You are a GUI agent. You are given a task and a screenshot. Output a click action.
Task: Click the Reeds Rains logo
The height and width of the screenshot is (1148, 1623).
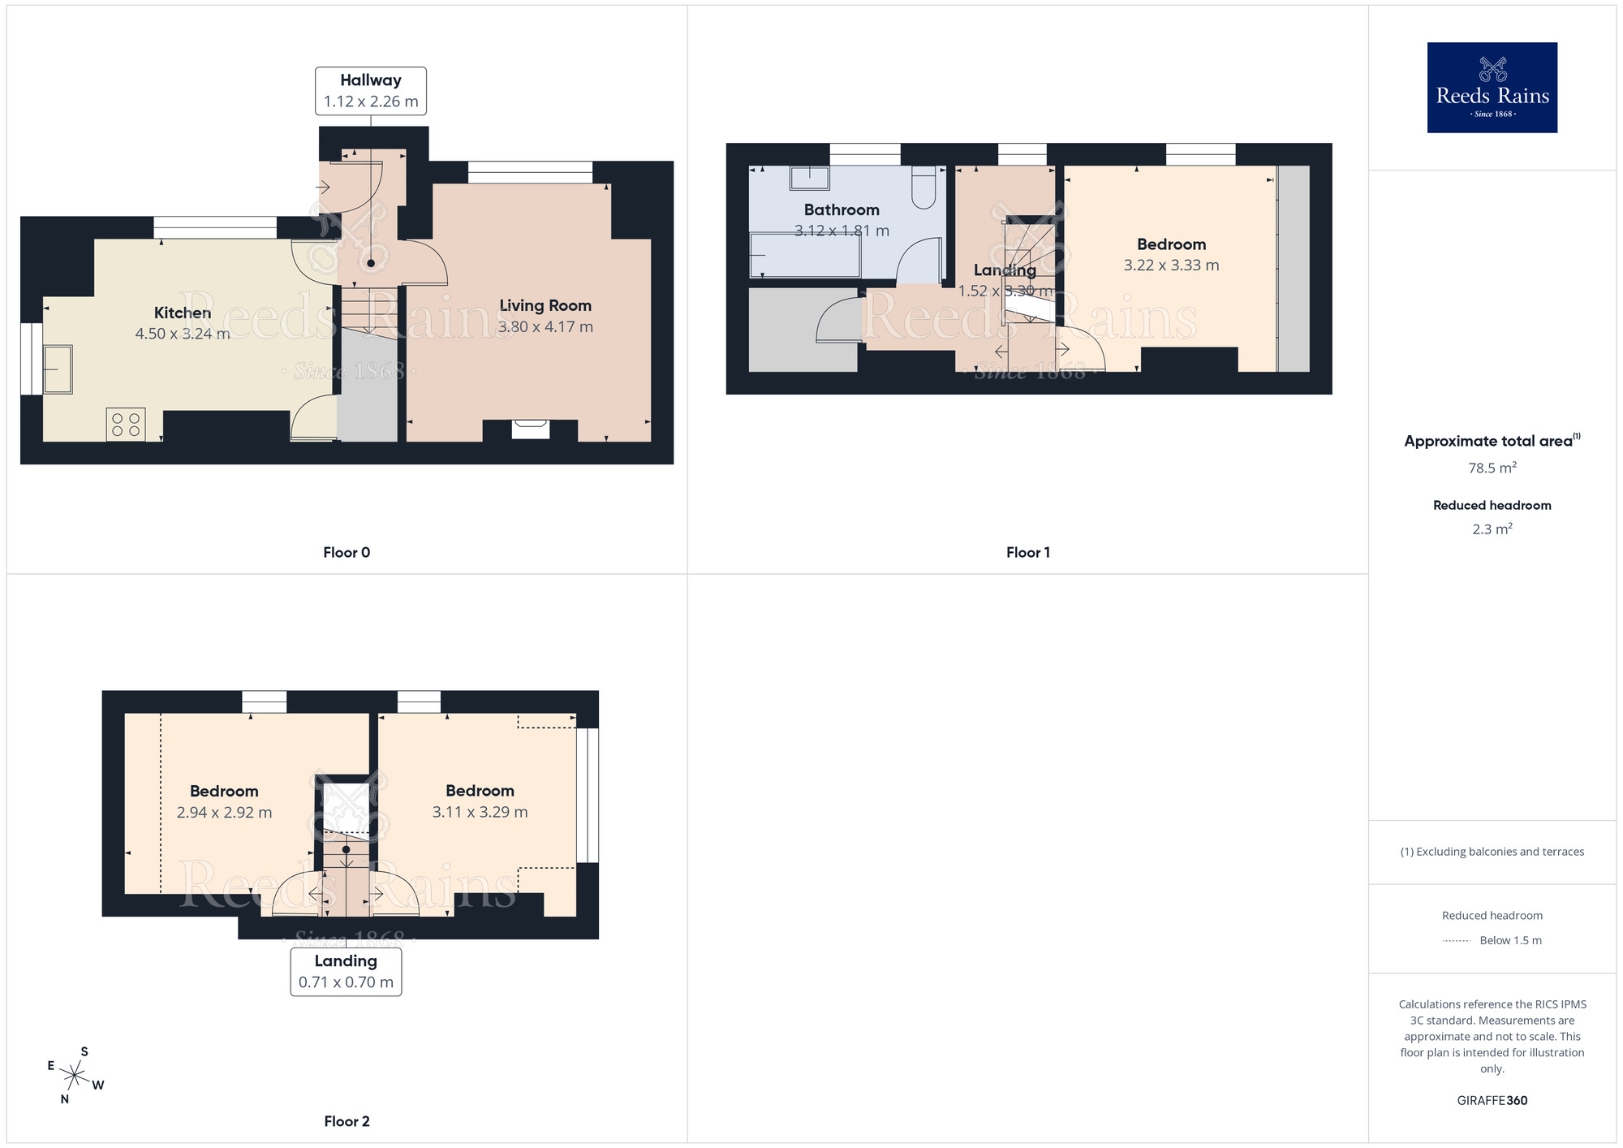pos(1492,88)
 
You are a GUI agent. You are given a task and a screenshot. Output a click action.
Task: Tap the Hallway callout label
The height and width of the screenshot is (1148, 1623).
pos(371,90)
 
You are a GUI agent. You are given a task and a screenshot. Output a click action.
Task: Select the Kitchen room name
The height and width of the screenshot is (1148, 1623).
pos(183,313)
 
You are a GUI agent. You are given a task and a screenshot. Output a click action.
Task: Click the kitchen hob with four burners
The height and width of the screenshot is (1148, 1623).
pos(126,425)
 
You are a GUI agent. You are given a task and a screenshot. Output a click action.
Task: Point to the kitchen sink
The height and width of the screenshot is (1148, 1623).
pos(58,369)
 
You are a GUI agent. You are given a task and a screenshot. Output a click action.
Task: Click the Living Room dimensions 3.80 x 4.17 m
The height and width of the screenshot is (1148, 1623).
pos(545,327)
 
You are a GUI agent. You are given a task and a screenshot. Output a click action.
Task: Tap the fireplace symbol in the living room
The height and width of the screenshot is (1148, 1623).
pos(530,428)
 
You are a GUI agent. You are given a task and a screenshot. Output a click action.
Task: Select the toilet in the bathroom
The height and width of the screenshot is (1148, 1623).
pos(923,188)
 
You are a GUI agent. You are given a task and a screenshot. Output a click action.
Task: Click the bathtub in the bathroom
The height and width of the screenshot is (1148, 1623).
pos(804,255)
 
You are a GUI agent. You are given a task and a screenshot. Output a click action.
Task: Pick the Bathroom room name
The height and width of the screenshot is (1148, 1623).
pos(842,210)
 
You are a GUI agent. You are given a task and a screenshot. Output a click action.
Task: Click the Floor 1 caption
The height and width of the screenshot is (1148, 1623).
pos(1027,553)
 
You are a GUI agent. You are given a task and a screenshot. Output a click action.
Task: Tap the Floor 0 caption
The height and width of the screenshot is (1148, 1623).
pos(347,553)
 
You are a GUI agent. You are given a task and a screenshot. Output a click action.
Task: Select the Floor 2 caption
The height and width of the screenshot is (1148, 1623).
pos(347,1121)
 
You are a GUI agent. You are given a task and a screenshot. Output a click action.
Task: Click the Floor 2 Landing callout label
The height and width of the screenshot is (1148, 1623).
pos(346,971)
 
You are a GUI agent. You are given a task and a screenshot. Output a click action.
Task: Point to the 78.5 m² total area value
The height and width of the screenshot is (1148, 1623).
pos(1492,468)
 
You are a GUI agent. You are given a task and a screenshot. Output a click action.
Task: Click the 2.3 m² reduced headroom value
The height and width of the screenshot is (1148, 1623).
pos(1492,529)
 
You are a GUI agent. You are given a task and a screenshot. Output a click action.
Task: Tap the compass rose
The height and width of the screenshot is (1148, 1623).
pos(75,1076)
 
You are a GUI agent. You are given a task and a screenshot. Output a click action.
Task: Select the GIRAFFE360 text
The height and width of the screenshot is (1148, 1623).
pos(1492,1101)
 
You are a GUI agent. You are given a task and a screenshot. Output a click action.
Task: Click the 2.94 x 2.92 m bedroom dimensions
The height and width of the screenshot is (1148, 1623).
pos(224,813)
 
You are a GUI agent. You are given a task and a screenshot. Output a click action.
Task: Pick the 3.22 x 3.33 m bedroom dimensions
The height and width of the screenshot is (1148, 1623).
pos(1171,265)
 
